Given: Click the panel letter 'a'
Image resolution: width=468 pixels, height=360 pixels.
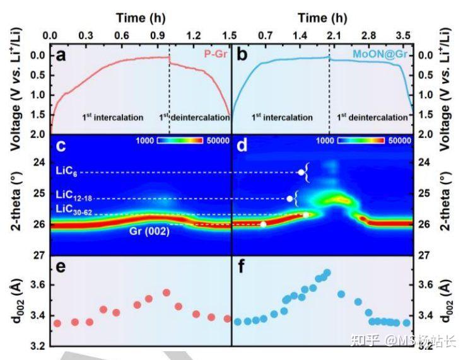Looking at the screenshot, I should coord(61,55).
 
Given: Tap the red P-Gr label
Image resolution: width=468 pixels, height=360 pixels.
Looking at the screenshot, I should coord(216,55).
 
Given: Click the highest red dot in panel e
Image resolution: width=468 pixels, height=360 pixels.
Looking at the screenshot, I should coord(167,293).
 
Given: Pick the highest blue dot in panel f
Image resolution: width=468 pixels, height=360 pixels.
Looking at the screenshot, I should coord(327,273).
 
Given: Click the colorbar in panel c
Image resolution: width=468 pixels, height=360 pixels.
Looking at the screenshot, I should coord(182,141).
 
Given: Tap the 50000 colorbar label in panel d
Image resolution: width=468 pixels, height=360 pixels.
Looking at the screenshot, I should coord(397,141).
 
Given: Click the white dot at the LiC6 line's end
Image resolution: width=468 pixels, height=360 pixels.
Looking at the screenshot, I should coord(301,172).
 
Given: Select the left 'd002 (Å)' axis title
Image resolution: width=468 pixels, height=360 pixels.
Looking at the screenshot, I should coord(18,303).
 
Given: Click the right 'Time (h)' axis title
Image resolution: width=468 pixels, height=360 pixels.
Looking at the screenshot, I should coord(322,18).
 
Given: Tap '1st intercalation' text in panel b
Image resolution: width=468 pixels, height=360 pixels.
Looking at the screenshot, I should coord(282,117).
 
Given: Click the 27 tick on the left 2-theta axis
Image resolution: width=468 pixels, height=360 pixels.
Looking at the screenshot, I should coord(38,255).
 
